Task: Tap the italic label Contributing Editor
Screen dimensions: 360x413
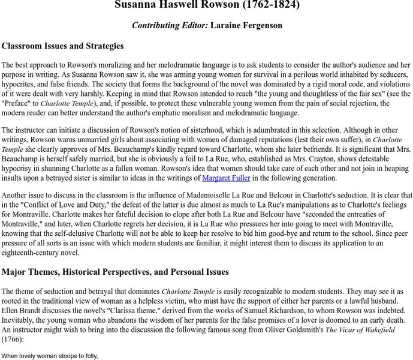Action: click(x=170, y=25)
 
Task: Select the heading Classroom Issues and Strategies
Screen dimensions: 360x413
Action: click(x=63, y=46)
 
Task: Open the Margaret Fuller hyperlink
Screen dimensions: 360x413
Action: click(x=227, y=178)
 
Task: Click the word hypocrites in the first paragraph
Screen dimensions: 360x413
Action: click(x=22, y=84)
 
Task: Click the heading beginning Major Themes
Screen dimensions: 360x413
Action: click(x=115, y=272)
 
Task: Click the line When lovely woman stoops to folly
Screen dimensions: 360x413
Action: click(x=50, y=356)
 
